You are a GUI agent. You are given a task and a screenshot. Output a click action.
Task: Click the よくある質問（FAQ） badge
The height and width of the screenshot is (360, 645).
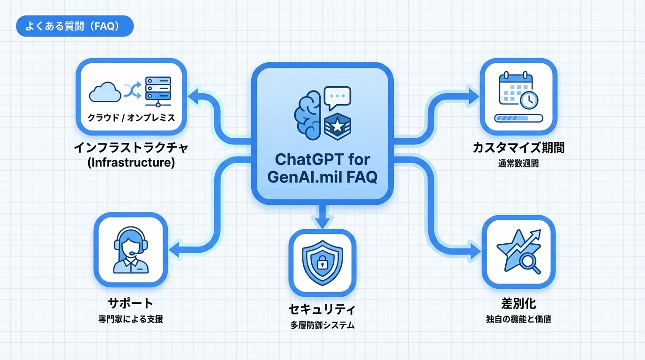click(x=75, y=26)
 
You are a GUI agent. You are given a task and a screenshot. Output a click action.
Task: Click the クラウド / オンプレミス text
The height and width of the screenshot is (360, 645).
click(x=131, y=118)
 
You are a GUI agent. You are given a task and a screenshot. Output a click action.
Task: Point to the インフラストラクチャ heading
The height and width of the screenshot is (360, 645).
click(x=131, y=148)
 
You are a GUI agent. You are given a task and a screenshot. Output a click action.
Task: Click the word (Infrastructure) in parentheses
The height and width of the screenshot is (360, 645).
click(x=131, y=163)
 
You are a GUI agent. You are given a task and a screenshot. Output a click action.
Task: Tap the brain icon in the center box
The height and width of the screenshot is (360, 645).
click(x=307, y=115)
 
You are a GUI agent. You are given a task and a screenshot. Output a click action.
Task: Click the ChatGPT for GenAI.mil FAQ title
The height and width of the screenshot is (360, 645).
click(x=322, y=169)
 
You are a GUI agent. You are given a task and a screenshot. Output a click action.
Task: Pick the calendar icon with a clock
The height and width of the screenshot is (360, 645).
click(x=517, y=90)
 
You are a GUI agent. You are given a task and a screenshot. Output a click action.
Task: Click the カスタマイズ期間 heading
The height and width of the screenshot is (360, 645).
click(x=518, y=148)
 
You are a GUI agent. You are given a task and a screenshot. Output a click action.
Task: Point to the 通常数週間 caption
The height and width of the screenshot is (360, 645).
click(x=518, y=164)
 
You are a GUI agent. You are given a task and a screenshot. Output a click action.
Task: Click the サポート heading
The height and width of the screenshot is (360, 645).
click(x=131, y=303)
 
